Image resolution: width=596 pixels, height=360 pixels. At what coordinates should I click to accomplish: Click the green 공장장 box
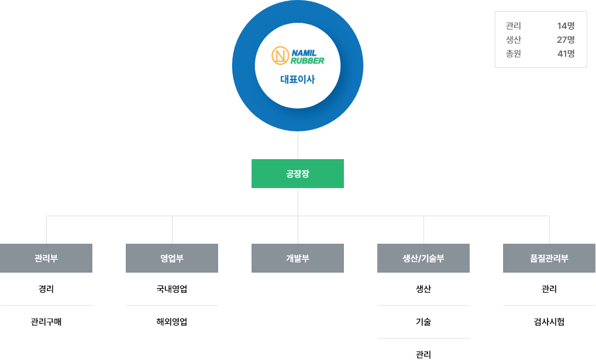coord(298,174)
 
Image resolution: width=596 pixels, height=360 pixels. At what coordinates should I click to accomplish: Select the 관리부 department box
coord(46,258)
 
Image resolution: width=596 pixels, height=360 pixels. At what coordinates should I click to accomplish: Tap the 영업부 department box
coord(172,258)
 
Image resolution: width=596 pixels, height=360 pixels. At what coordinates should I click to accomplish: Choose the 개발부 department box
coord(298,258)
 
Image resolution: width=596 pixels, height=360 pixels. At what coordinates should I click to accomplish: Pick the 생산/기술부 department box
coord(423,258)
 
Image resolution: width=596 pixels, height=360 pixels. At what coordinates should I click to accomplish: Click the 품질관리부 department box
coord(549,258)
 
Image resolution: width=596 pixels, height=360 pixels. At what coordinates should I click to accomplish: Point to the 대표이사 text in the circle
coord(298,80)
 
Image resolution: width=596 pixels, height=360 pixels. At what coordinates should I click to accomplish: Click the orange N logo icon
coord(280,56)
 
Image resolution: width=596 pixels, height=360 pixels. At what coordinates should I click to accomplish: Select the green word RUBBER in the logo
coord(307,61)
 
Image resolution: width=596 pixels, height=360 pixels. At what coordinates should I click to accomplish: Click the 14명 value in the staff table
coord(565,26)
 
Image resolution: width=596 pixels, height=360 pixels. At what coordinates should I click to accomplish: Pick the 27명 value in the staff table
coord(565,40)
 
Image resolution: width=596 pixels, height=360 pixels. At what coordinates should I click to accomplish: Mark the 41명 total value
coord(565,54)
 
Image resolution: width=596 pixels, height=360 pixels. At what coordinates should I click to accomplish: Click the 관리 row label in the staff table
coord(513,26)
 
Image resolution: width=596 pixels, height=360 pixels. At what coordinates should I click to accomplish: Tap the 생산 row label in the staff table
coord(513,40)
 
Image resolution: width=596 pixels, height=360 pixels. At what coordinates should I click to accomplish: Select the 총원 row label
coord(513,54)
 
